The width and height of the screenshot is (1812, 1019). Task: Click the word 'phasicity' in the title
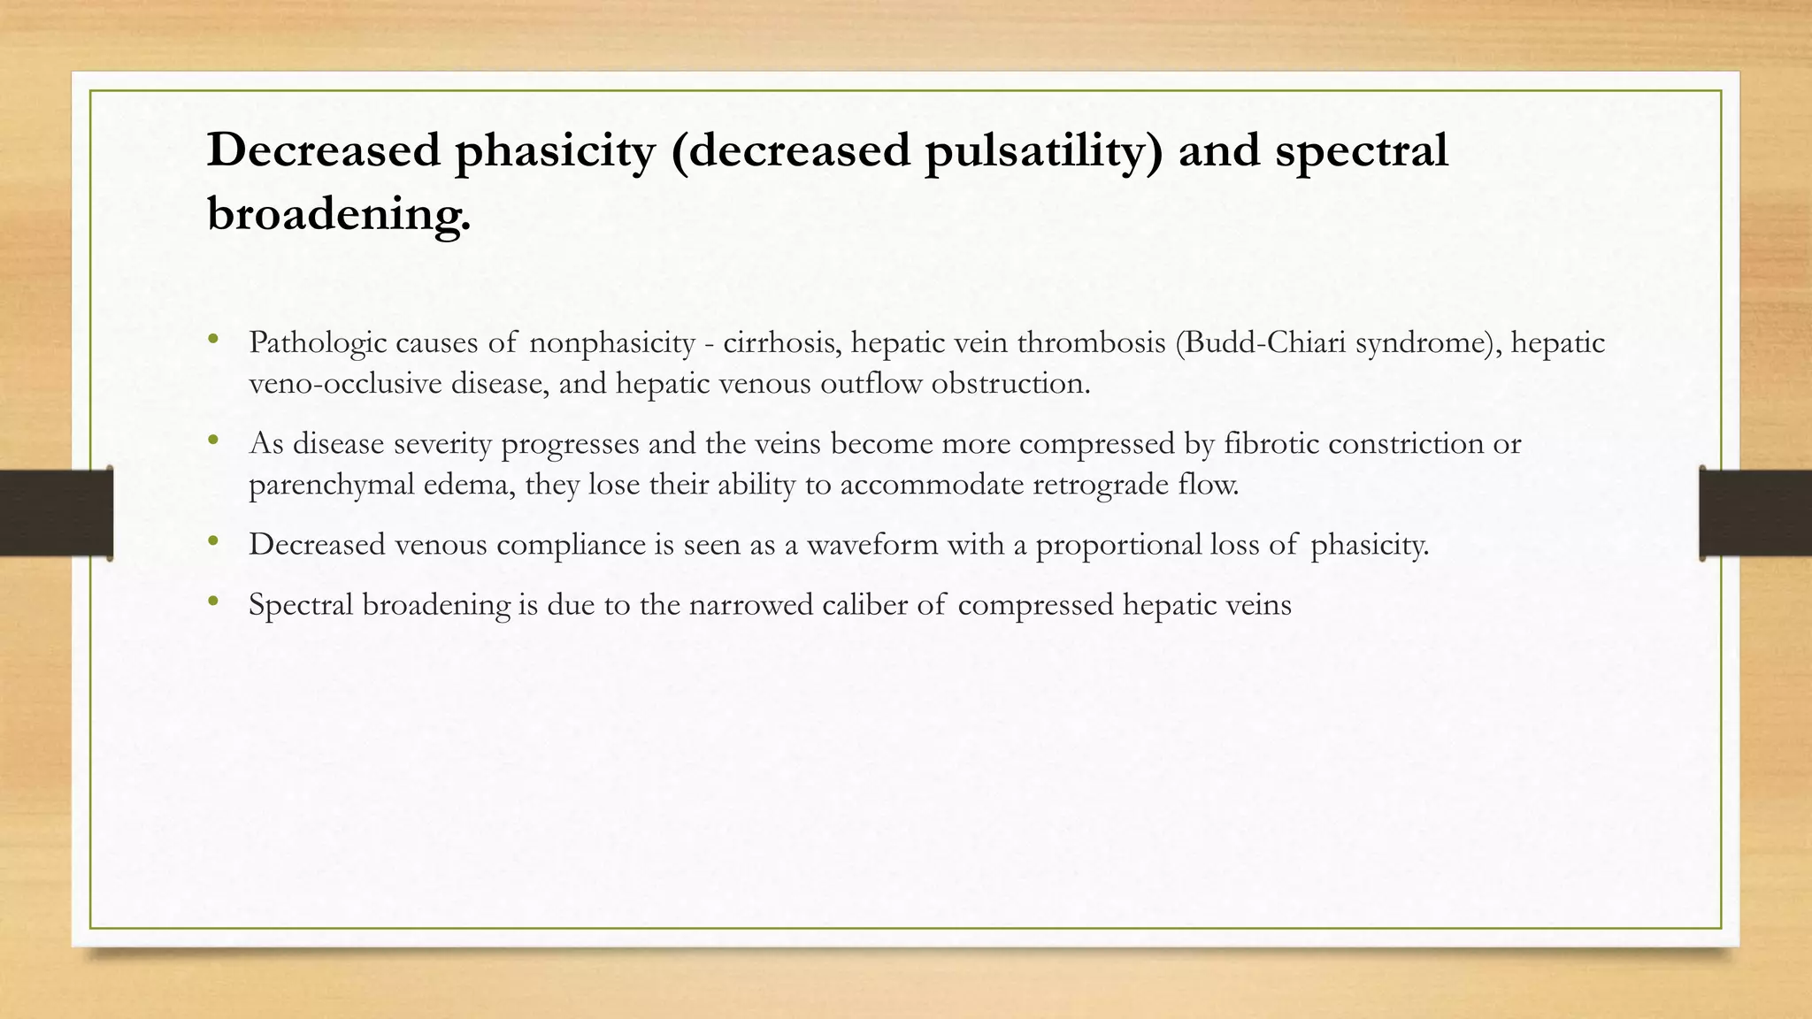[554, 150]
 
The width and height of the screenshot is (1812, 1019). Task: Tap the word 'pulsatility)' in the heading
[1043, 150]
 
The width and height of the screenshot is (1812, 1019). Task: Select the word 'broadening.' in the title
[339, 214]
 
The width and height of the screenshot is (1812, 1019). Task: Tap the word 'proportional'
[1117, 544]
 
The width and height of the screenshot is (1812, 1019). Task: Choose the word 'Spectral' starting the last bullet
[301, 605]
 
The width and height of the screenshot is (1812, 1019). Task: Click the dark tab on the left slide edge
[55, 513]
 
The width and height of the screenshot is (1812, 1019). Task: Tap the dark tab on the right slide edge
[1755, 513]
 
